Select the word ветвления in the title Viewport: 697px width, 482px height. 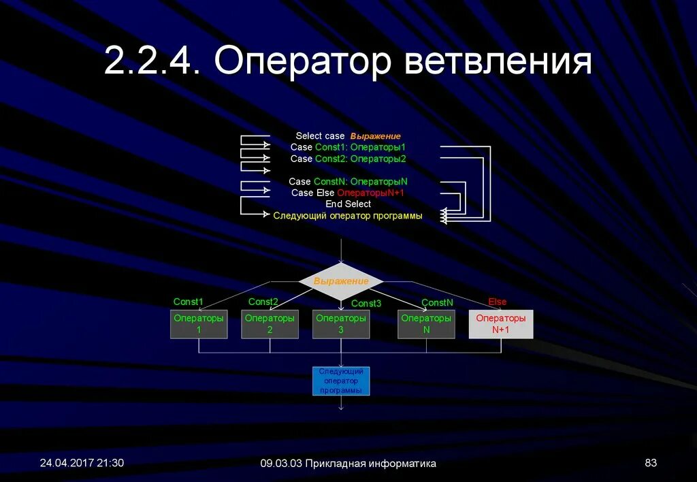point(498,62)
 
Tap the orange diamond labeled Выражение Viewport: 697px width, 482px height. point(341,281)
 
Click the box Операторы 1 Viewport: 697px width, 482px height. point(199,324)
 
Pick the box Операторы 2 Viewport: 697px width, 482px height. point(270,324)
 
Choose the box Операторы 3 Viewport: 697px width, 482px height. point(341,324)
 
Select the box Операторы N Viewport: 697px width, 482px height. point(426,324)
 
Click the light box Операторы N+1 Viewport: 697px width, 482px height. point(501,324)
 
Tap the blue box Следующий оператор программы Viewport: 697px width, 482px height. point(341,381)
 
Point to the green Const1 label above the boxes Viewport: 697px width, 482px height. point(189,302)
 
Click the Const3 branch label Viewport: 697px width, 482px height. point(366,304)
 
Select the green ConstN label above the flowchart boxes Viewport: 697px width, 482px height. point(437,302)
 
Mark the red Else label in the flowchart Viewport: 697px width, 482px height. point(498,302)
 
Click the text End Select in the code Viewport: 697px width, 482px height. point(348,204)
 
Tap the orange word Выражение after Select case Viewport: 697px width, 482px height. point(376,136)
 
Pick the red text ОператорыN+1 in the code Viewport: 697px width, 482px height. point(372,193)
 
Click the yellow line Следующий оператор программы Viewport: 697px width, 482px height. point(348,216)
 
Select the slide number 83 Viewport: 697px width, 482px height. point(651,463)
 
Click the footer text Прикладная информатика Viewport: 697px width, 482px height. point(370,464)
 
